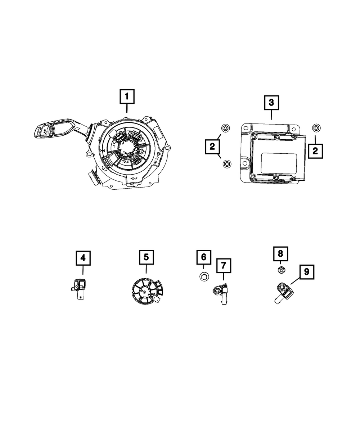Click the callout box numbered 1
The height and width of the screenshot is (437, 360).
tap(126, 97)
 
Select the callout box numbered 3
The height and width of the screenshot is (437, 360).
tap(271, 103)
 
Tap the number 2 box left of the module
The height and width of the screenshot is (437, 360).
tap(212, 146)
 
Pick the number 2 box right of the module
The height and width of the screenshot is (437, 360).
tap(315, 151)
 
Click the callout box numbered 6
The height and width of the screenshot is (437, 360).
tap(203, 257)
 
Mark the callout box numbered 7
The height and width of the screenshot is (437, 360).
tap(224, 265)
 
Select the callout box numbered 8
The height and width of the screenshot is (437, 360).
tap(280, 254)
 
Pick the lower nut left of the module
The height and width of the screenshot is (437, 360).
tap(226, 164)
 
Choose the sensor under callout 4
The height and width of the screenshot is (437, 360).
tap(79, 289)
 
